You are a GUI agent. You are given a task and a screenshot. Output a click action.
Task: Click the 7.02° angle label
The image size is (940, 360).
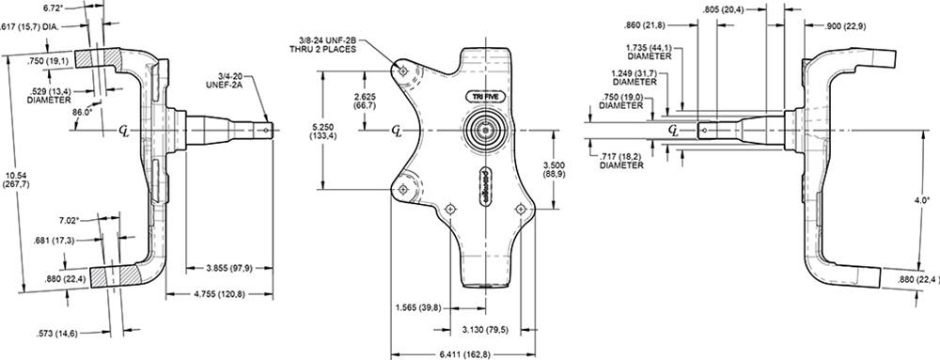(92, 220)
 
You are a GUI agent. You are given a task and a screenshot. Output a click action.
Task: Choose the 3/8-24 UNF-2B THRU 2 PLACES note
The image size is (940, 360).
(325, 43)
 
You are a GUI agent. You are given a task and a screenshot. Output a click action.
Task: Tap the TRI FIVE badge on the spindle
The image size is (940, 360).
(486, 96)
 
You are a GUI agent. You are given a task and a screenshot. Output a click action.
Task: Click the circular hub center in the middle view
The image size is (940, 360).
(486, 131)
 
